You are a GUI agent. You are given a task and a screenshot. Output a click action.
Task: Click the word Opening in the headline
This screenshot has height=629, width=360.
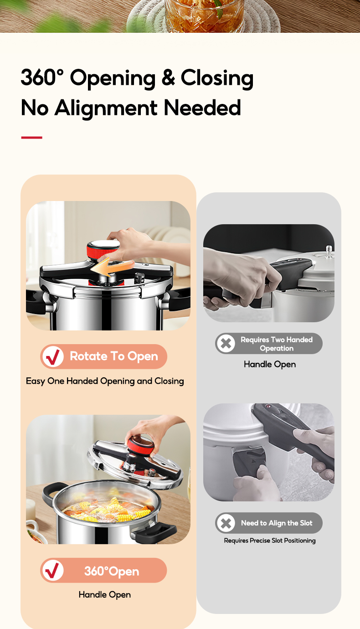[113, 78]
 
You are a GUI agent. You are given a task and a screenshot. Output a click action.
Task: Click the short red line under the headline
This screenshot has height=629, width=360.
[31, 137]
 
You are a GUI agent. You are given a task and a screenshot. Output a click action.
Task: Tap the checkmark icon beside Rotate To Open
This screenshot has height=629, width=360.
[52, 357]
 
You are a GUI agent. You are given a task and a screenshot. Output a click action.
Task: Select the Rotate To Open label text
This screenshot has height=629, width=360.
[113, 356]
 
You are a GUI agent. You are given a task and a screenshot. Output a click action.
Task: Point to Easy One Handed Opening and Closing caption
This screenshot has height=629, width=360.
[105, 381]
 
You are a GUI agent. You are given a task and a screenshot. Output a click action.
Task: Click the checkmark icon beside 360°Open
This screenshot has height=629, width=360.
[52, 571]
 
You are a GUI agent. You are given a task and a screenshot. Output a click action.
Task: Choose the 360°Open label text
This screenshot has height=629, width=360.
[112, 571]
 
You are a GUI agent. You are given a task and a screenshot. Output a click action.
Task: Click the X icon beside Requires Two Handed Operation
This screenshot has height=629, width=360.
[226, 344]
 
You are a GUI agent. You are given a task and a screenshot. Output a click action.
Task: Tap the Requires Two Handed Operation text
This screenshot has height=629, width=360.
[277, 344]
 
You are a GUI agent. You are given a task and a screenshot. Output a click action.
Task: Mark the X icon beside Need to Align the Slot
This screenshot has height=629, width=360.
[226, 523]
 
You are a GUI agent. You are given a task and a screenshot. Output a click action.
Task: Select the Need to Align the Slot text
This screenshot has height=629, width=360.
[277, 523]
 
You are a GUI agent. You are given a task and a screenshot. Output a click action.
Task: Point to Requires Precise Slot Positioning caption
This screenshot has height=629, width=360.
[270, 541]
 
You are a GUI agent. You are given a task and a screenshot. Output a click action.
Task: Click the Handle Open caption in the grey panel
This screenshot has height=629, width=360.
[270, 364]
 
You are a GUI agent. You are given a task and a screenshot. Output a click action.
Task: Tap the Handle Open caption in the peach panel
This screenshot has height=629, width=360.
[105, 595]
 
